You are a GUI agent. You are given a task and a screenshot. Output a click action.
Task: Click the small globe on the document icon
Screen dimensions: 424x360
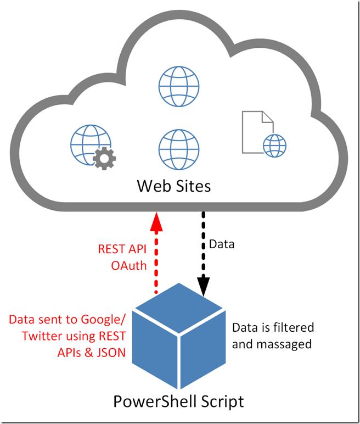pyautogui.click(x=274, y=146)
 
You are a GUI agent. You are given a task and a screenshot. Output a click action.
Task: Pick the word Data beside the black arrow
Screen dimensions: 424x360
pyautogui.click(x=222, y=244)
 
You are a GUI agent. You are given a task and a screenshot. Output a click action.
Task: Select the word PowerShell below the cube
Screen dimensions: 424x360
pyautogui.click(x=151, y=401)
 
